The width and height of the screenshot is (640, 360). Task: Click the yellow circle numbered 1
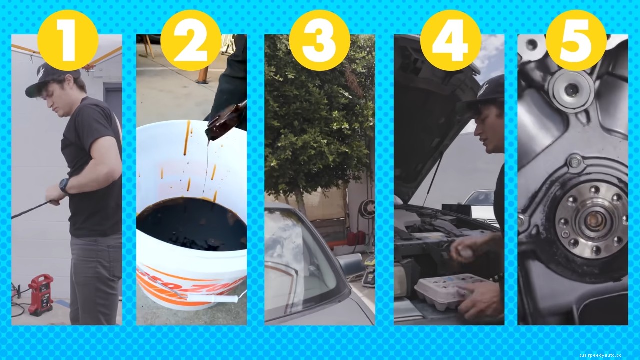click(x=67, y=40)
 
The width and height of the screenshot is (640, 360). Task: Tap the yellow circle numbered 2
click(x=191, y=40)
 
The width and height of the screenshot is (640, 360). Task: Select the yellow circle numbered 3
click(x=319, y=40)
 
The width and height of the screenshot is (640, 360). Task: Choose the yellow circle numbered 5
click(x=576, y=40)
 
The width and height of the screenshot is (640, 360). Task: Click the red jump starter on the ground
click(x=41, y=294)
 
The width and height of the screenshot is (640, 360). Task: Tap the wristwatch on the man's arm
click(x=64, y=185)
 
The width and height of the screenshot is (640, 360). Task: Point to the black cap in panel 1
click(x=50, y=80)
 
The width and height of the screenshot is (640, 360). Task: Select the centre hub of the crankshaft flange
click(x=594, y=221)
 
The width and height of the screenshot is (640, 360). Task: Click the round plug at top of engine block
click(x=571, y=90)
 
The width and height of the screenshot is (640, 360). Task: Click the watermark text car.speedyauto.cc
click(x=600, y=355)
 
